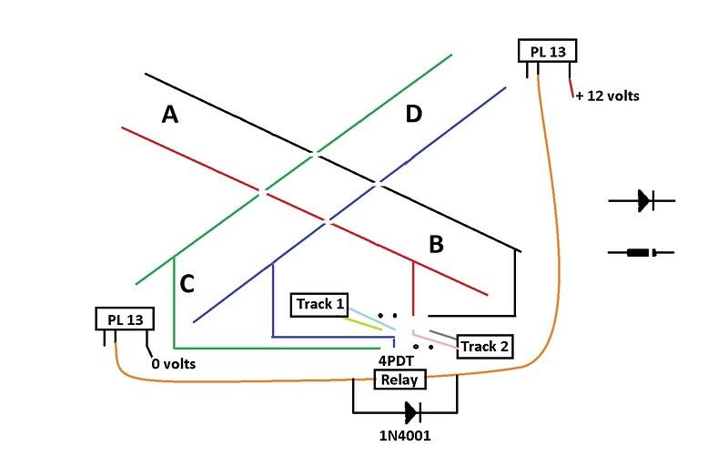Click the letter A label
[x=169, y=114]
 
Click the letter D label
[x=414, y=114]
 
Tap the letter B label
[x=436, y=244]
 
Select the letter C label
[x=187, y=285]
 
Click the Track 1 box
[x=318, y=303]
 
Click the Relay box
[x=400, y=380]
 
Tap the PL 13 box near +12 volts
[x=548, y=52]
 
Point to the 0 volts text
[x=174, y=364]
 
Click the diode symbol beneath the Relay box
[x=413, y=411]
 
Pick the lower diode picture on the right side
[x=648, y=252]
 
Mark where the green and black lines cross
[x=314, y=154]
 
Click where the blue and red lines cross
[x=328, y=220]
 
